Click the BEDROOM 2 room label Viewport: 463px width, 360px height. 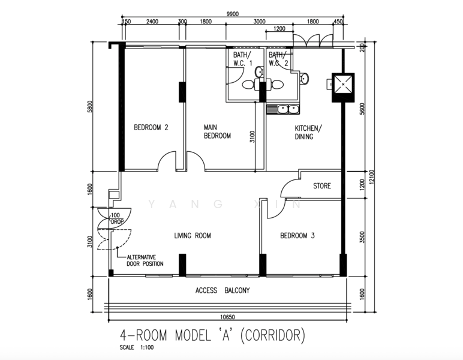coord(151,127)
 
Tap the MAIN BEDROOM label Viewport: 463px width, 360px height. coord(217,131)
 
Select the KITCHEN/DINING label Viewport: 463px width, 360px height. coord(308,133)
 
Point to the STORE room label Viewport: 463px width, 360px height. coord(322,186)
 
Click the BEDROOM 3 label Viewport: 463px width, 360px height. coord(297,236)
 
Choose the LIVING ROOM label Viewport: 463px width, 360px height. coord(193,236)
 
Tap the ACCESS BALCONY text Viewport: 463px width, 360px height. coord(223,290)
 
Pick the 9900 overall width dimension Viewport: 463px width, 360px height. coord(232,14)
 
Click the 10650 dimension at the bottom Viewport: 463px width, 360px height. coord(228,317)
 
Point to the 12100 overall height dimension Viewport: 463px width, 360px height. coord(371,177)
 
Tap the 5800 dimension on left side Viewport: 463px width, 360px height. coord(90,107)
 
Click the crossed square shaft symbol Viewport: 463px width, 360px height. coord(343,85)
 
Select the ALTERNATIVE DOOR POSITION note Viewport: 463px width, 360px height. coord(145,260)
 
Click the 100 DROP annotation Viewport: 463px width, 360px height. coord(116,218)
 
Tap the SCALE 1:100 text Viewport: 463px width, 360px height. coord(137,347)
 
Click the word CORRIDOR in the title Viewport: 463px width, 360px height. coord(272,335)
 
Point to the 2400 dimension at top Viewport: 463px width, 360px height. coord(152,22)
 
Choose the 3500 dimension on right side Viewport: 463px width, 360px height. coord(363,237)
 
